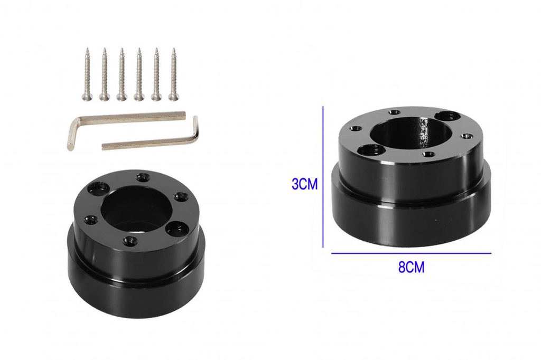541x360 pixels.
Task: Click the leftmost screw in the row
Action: coord(87,73)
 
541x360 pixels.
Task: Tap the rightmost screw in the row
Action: coord(172,73)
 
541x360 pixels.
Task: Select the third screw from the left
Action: coord(122,73)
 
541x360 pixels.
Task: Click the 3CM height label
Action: coord(304,184)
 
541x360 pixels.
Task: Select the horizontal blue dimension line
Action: coord(411,253)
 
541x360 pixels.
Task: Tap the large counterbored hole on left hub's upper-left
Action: coord(98,187)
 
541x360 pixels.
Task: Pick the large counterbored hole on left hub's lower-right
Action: coord(174,229)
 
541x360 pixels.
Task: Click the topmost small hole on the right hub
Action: coord(394,112)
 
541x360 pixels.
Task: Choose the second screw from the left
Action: coord(104,73)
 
